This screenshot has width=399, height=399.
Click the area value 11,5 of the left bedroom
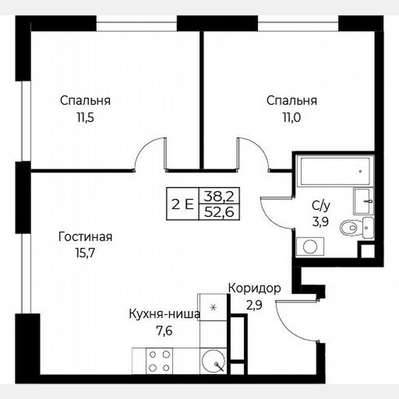(85, 117)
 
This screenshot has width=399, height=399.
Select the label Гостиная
(85, 237)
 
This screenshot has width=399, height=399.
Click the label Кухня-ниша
(165, 314)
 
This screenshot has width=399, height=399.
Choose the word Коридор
(254, 289)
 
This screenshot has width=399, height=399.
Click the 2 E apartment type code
(182, 204)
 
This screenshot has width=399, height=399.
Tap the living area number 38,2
(219, 196)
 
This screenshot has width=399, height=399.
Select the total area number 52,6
(219, 212)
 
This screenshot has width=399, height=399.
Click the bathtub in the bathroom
(334, 171)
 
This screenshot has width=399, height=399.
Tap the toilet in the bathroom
(351, 227)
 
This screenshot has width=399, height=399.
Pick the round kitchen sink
(213, 360)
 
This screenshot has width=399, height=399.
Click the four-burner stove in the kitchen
(159, 361)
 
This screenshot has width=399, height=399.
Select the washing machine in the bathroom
(309, 246)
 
